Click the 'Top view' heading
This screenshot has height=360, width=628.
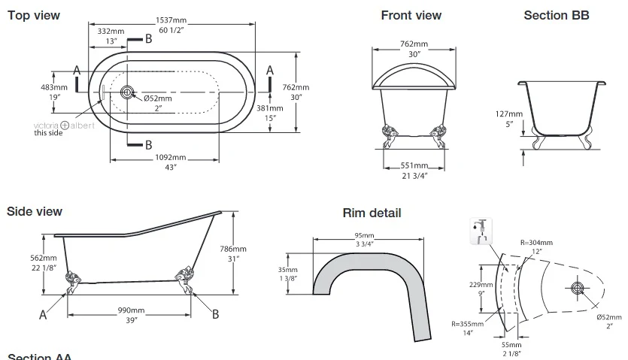tap(34, 15)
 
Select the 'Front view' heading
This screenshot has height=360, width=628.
tap(411, 15)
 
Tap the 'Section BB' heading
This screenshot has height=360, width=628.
tap(556, 15)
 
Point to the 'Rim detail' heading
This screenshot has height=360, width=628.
tap(372, 213)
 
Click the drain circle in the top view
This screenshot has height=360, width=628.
tap(127, 92)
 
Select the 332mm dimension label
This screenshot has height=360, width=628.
tap(111, 32)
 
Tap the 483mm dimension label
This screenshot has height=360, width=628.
tap(59, 88)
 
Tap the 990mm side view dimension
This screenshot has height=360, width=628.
tap(132, 310)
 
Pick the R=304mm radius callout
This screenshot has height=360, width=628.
tap(536, 243)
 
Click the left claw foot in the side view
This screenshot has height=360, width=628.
tap(73, 282)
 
